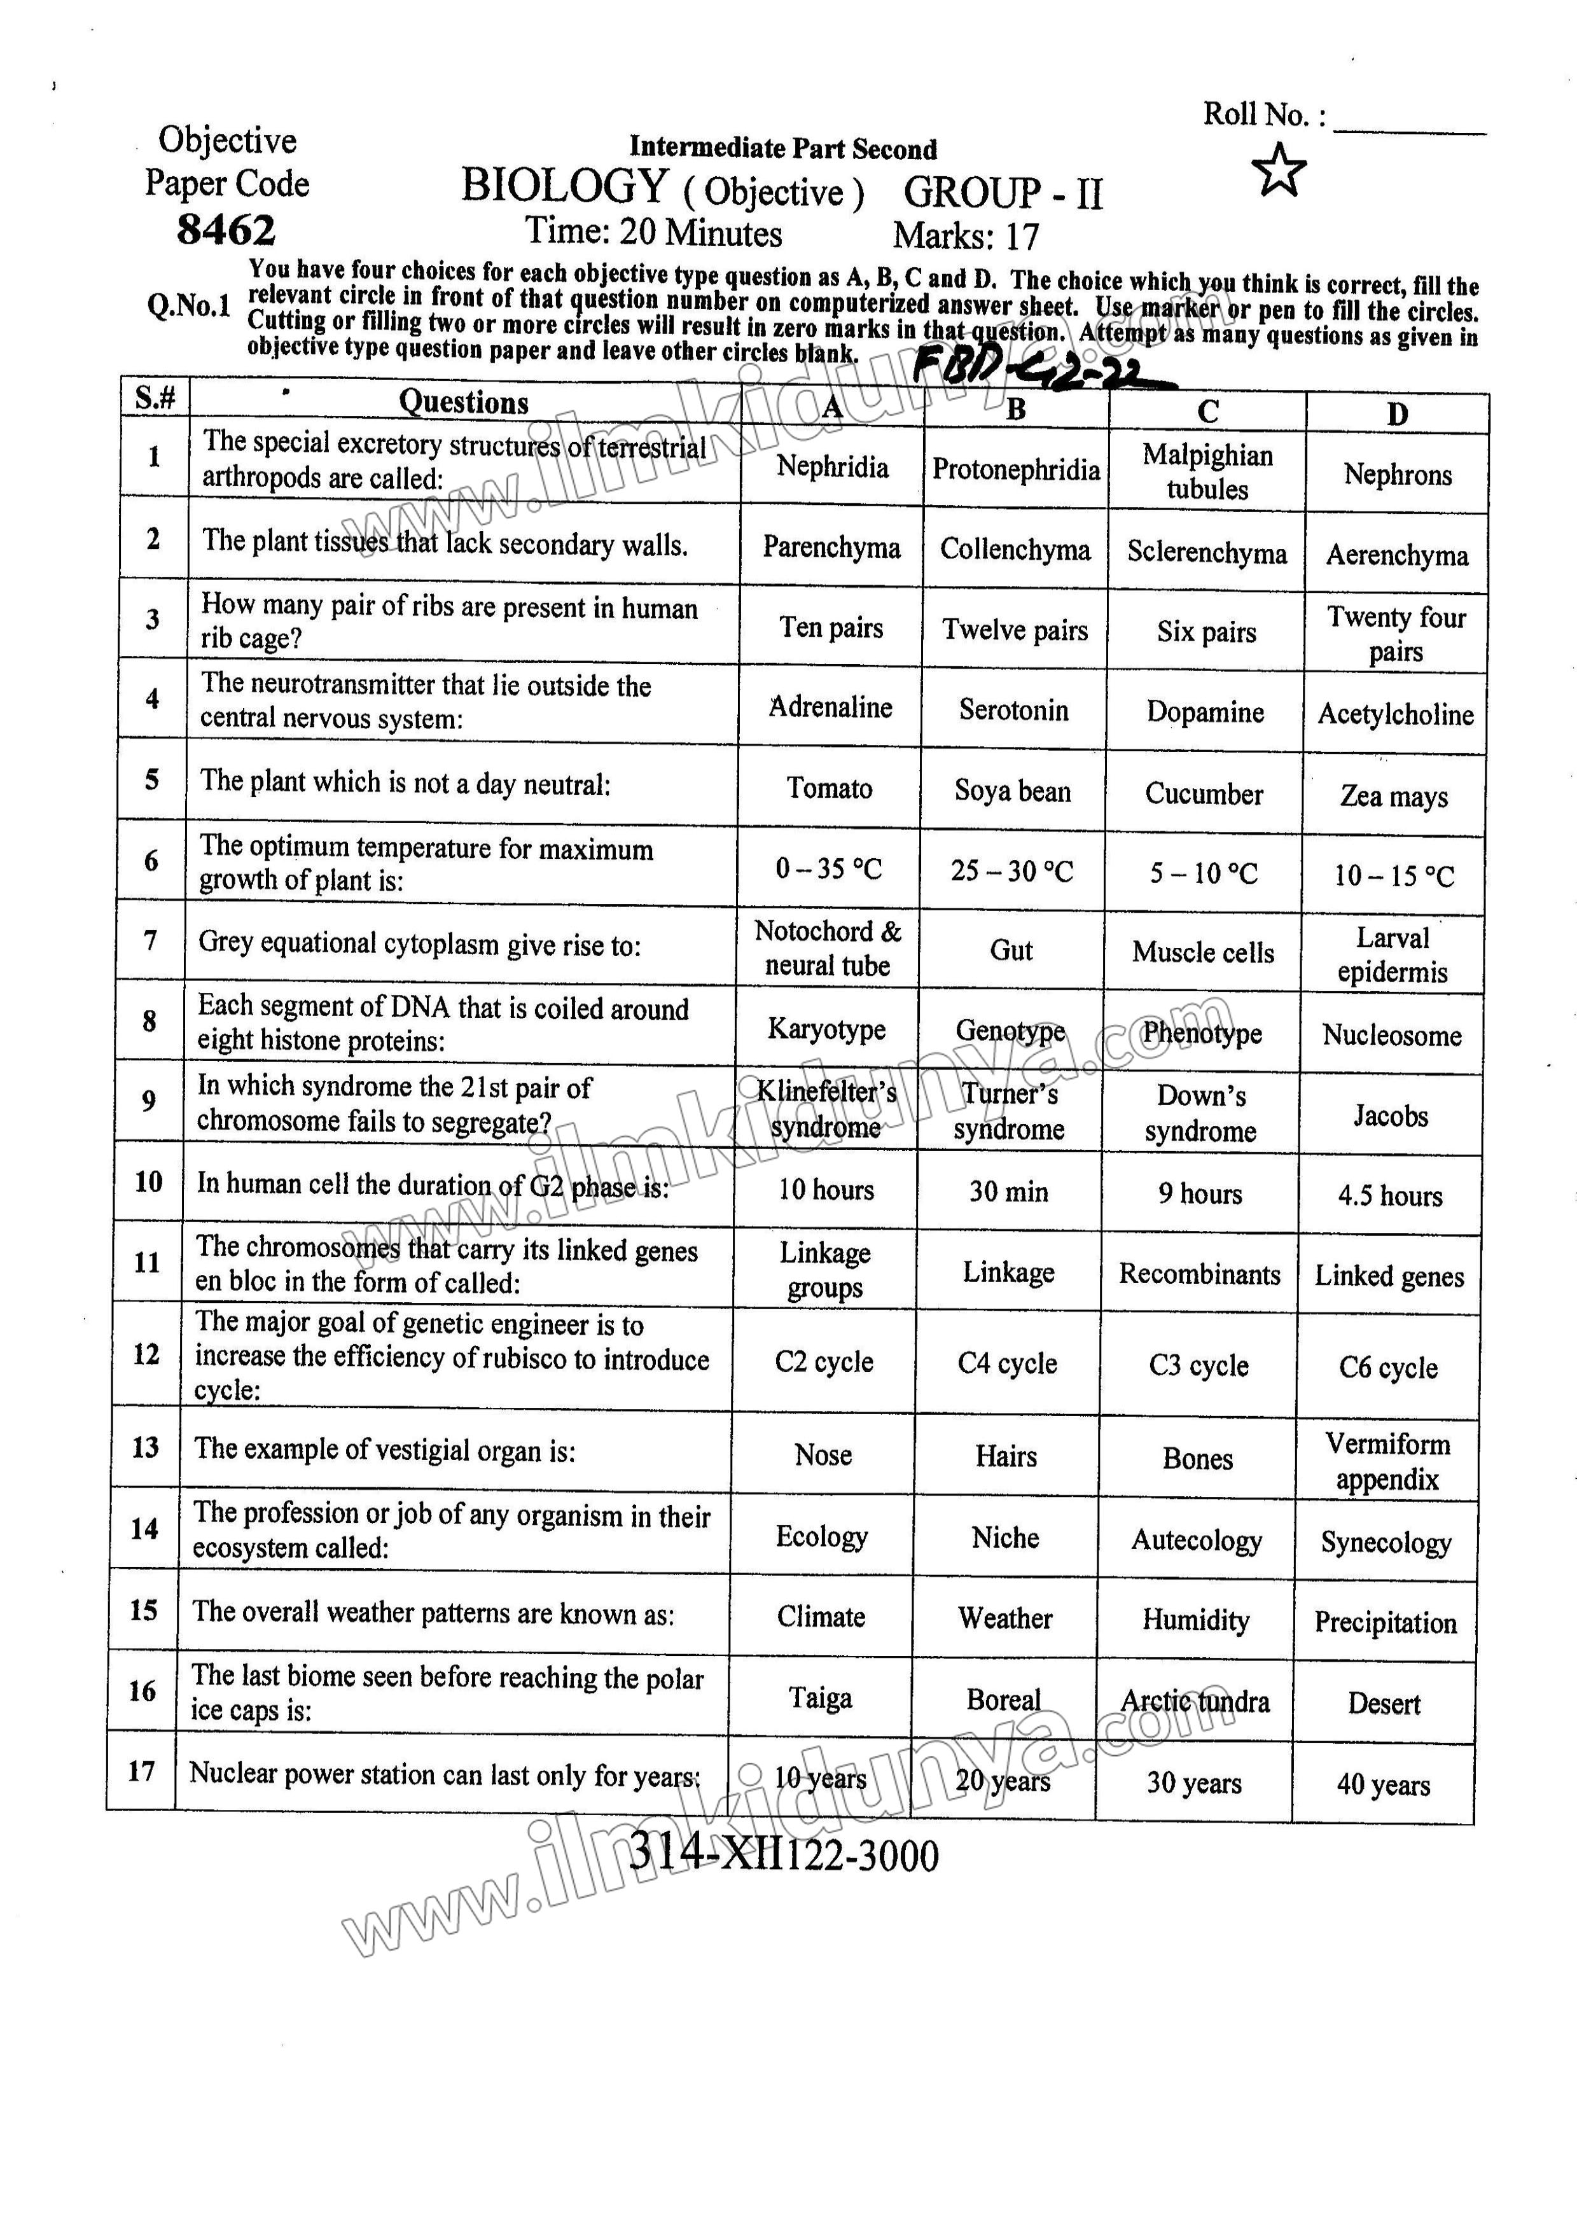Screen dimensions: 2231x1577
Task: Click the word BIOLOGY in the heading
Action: coord(564,186)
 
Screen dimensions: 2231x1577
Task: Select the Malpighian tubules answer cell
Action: coord(1207,471)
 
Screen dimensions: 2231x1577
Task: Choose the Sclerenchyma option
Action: coord(1206,553)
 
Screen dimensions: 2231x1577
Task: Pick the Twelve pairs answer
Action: coord(1015,630)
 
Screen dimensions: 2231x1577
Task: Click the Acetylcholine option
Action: coord(1395,714)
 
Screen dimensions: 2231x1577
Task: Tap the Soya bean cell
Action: coord(1013,791)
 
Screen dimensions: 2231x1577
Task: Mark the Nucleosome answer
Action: coord(1391,1035)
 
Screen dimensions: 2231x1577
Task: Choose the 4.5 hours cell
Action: coord(1389,1195)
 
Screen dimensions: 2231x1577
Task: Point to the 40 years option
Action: coord(1383,1784)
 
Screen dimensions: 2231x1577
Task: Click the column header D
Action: coord(1396,414)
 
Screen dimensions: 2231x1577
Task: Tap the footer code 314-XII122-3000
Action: coord(783,1854)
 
